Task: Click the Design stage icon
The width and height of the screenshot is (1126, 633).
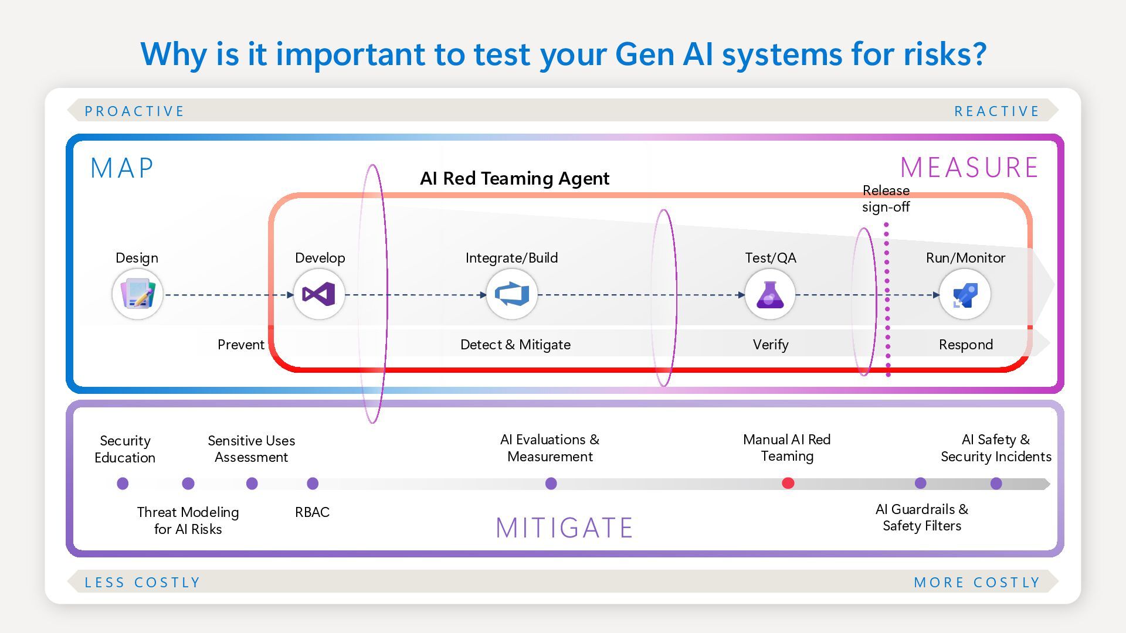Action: pyautogui.click(x=137, y=294)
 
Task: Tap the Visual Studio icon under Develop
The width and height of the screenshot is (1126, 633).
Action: pyautogui.click(x=318, y=294)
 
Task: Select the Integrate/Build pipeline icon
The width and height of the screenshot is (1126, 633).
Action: pyautogui.click(x=511, y=294)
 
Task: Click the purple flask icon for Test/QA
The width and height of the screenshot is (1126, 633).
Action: pyautogui.click(x=769, y=294)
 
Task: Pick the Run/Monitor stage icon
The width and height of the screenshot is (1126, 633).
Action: pyautogui.click(x=965, y=294)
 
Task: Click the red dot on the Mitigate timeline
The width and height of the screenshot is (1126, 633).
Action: pyautogui.click(x=788, y=483)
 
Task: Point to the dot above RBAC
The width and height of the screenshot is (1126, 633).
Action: pyautogui.click(x=313, y=484)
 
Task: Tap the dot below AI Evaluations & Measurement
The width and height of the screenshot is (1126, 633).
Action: pyautogui.click(x=551, y=484)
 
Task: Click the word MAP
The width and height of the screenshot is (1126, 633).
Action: pyautogui.click(x=122, y=168)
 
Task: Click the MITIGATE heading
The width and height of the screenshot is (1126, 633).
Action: pyautogui.click(x=564, y=527)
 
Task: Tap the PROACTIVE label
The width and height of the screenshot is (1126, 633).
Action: pyautogui.click(x=134, y=111)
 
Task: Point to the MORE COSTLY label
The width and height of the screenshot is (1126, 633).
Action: pyautogui.click(x=976, y=583)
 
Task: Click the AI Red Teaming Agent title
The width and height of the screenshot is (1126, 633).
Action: pyautogui.click(x=514, y=178)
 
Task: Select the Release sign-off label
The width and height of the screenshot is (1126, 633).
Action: pyautogui.click(x=886, y=199)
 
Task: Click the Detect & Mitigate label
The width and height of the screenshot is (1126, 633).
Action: pyautogui.click(x=515, y=345)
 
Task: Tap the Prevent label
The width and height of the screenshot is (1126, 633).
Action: pyautogui.click(x=240, y=345)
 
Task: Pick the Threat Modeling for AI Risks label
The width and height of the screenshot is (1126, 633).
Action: pyautogui.click(x=188, y=520)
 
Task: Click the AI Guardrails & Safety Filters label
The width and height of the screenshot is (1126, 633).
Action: pyautogui.click(x=921, y=518)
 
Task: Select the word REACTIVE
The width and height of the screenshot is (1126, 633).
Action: pyautogui.click(x=996, y=111)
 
